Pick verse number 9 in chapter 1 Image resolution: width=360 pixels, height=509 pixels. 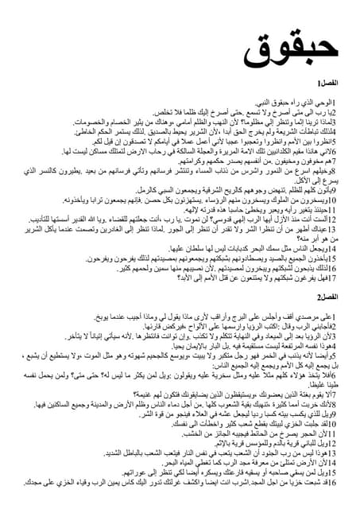pyautogui.click(x=334, y=192)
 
